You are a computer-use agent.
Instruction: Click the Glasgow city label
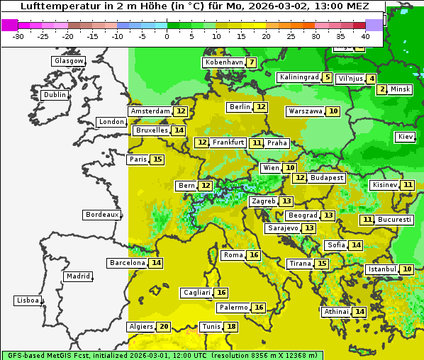tap(68, 61)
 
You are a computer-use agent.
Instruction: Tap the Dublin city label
tap(54, 95)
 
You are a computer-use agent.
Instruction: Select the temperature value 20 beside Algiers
tap(164, 327)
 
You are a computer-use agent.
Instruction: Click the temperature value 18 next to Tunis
tap(231, 327)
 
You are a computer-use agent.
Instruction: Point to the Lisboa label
tap(27, 300)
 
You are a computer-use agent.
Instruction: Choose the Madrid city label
tap(77, 276)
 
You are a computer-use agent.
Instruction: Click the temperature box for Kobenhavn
tap(252, 62)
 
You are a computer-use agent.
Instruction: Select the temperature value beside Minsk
tap(382, 89)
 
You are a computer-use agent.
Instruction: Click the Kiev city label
tap(406, 137)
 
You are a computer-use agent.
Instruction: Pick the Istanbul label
tap(382, 270)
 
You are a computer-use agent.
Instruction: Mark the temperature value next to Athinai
tap(359, 312)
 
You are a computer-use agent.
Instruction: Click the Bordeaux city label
tap(101, 215)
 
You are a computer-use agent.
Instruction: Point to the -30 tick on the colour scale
tap(18, 35)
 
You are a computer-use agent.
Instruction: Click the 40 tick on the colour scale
tap(365, 35)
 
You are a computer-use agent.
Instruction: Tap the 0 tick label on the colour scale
tap(167, 35)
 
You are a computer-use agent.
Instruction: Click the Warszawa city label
tap(306, 111)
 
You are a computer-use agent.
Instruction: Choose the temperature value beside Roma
tap(254, 255)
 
